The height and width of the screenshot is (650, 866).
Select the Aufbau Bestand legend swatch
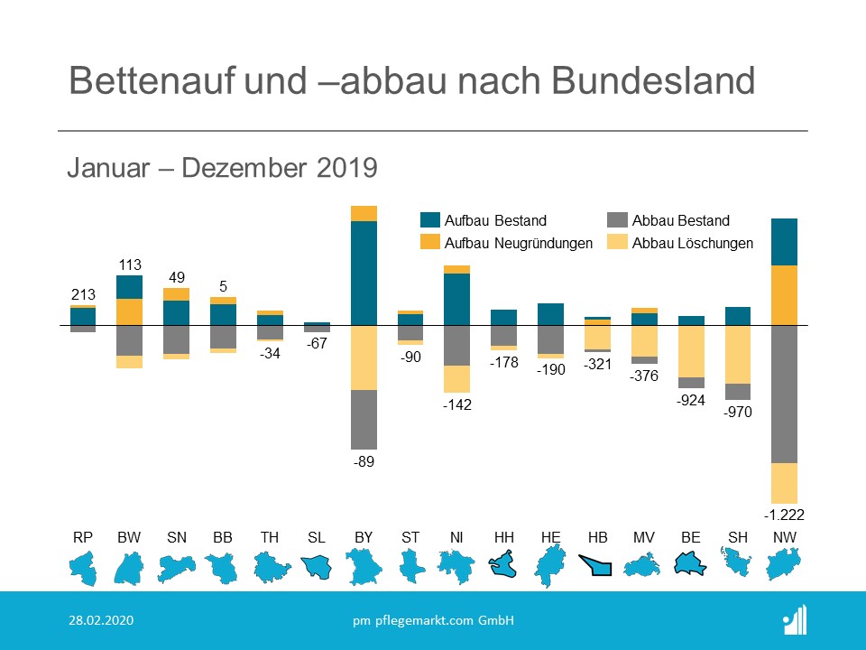coord(430,220)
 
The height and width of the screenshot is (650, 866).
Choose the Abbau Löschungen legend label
coord(693,243)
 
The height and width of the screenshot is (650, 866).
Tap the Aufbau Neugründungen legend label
coord(519,243)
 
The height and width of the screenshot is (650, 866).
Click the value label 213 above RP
coord(83,294)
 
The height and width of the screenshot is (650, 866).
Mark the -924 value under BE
coord(691,401)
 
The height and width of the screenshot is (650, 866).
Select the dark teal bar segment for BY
coord(364,273)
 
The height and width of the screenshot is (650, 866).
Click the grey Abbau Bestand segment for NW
coord(784,394)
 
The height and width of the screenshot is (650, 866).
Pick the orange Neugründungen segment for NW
coord(784,295)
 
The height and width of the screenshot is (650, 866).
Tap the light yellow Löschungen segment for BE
coord(691,351)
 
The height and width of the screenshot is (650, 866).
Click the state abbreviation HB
coord(596,538)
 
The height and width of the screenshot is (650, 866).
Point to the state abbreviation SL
coord(316,538)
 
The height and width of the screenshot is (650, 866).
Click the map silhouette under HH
coord(504,566)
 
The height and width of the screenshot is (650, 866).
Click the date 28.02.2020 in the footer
coord(102,620)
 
